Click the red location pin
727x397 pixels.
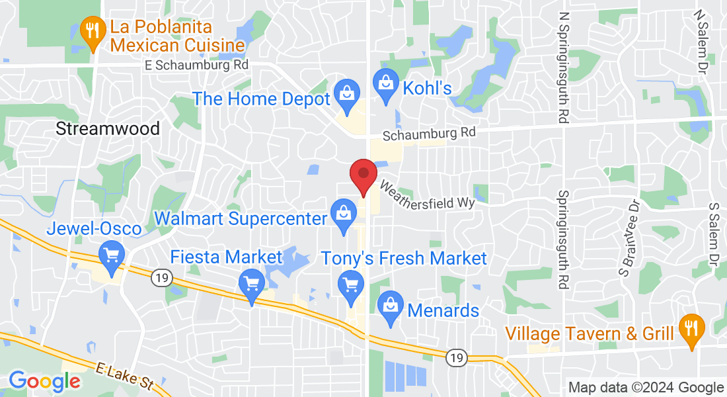tap(363, 174)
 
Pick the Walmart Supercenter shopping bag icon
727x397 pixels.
tap(343, 214)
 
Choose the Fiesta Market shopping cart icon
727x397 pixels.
tap(251, 285)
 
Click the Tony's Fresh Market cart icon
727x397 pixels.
tap(351, 285)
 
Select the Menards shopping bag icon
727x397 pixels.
tap(391, 306)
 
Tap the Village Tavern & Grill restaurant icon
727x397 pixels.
tap(692, 328)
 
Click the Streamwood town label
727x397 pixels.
tap(108, 128)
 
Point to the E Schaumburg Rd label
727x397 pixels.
tap(197, 66)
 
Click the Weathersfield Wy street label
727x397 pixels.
tap(427, 195)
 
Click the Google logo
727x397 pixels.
tap(44, 381)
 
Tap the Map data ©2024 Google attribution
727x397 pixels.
tap(646, 388)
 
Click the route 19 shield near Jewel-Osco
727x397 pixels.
tap(161, 279)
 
